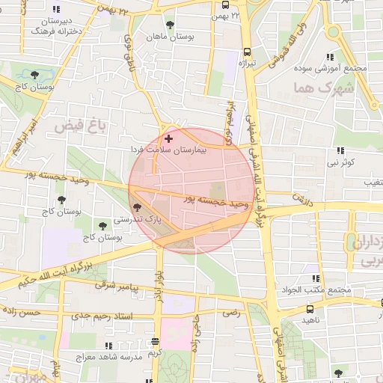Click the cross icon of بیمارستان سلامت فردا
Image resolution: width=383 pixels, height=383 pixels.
(x=168, y=138)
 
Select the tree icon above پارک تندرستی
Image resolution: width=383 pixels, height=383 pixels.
(x=136, y=207)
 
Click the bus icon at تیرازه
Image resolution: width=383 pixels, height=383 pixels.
(x=247, y=52)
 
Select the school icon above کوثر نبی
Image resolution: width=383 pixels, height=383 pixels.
(x=341, y=150)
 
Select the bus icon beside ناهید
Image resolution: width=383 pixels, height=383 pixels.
(x=310, y=308)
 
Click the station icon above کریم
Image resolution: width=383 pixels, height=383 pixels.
(x=156, y=340)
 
